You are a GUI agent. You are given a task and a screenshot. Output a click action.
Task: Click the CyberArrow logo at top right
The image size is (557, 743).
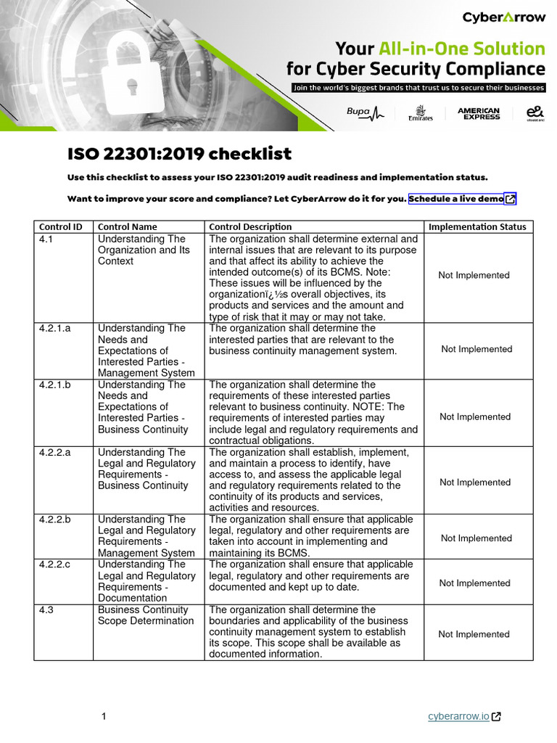point(503,17)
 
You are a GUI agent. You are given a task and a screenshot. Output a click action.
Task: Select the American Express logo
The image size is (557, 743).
point(478,113)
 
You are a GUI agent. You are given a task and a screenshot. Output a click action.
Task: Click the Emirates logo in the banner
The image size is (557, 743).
point(421,114)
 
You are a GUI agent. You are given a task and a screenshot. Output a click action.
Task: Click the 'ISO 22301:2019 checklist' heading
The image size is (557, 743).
point(179,154)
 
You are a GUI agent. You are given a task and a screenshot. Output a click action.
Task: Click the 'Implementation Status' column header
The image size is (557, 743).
point(477,226)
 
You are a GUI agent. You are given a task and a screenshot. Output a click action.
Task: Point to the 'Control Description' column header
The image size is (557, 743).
point(250,226)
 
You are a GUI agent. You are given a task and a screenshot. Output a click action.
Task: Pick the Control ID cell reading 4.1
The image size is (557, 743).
point(46,239)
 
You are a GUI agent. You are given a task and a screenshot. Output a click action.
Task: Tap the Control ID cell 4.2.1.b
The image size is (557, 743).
point(54,385)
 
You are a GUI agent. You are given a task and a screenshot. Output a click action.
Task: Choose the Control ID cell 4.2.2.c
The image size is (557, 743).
point(54,564)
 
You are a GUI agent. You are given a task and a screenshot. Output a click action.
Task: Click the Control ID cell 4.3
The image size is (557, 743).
point(46,609)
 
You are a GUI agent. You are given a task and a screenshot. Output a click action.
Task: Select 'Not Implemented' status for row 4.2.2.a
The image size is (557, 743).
point(475,482)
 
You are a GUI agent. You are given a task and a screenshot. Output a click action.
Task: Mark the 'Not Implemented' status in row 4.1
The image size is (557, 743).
point(474,275)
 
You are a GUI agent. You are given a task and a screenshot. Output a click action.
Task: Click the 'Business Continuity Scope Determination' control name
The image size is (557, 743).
point(145,615)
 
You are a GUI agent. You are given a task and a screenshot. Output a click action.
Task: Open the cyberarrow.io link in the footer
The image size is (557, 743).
point(458,716)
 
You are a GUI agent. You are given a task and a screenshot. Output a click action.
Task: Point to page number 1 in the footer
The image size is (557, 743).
point(104,717)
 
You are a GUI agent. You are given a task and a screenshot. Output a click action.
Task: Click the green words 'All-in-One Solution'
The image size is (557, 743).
point(461,49)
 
